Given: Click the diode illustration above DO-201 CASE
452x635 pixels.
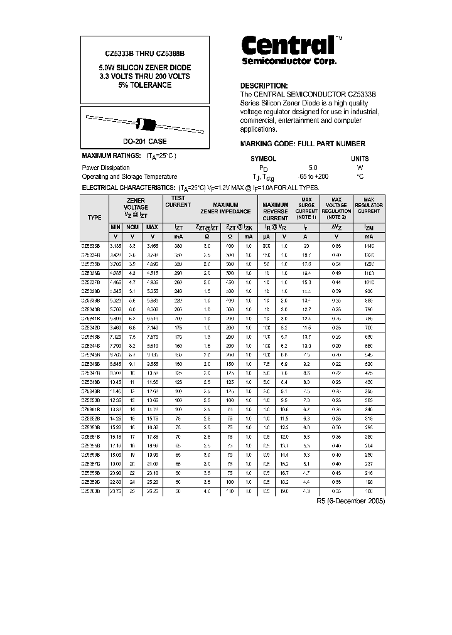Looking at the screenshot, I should point(145,123).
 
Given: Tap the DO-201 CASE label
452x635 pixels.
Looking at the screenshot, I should point(145,142).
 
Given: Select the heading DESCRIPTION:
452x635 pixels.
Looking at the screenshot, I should point(264,85).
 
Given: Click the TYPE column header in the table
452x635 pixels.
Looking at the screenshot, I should point(95,217).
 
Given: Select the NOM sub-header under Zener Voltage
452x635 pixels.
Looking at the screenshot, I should point(132,227).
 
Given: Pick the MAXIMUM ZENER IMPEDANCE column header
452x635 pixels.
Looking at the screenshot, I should point(225,208).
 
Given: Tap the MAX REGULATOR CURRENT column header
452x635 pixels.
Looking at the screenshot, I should point(369,208).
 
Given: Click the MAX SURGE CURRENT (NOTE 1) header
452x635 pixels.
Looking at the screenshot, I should point(306,208).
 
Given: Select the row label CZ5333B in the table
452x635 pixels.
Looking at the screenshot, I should point(94,247).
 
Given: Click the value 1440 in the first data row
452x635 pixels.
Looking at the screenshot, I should point(369,247).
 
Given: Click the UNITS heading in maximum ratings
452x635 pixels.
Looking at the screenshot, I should point(360,159).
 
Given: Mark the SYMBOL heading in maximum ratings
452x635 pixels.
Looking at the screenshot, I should point(263,159).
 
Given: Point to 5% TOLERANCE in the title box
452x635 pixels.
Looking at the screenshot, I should point(145,85).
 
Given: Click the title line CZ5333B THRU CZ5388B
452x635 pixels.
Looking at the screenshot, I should point(145,55).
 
